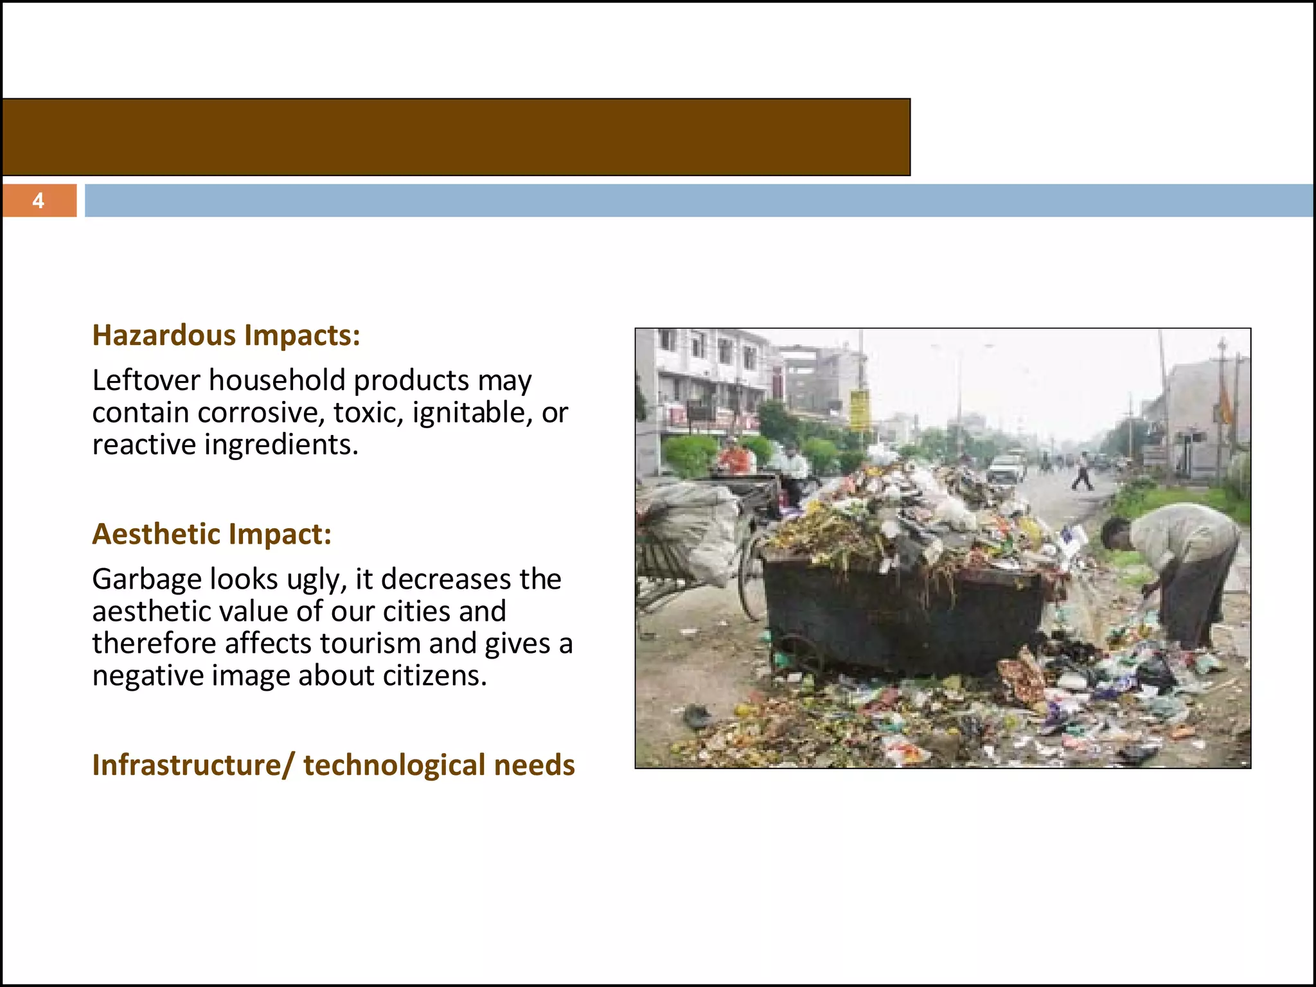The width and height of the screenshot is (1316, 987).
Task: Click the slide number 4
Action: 39,201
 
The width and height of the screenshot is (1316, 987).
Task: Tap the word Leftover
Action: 147,380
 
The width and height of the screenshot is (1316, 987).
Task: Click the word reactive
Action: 144,445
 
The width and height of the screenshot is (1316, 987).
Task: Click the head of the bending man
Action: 1116,532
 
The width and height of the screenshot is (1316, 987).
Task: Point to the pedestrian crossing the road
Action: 1082,472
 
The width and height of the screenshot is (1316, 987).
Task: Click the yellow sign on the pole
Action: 859,410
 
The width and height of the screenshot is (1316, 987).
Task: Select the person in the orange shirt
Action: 734,458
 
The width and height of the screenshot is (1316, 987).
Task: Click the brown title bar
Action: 456,137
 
